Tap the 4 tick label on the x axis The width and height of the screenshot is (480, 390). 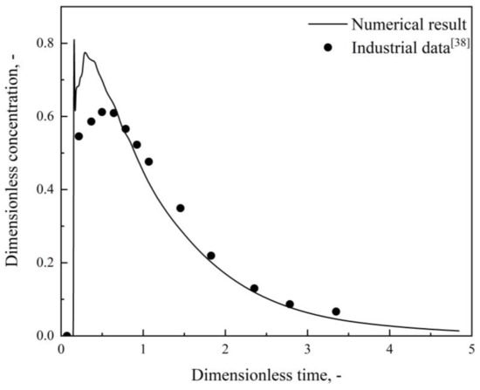[390, 351]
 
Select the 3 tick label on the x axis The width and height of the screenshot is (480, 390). [308, 351]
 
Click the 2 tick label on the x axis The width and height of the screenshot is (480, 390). [225, 351]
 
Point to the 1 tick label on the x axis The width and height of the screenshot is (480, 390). [143, 351]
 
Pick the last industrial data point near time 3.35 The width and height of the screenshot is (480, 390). [336, 311]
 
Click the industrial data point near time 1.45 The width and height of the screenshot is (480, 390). [181, 208]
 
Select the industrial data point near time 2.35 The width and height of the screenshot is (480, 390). [254, 288]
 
